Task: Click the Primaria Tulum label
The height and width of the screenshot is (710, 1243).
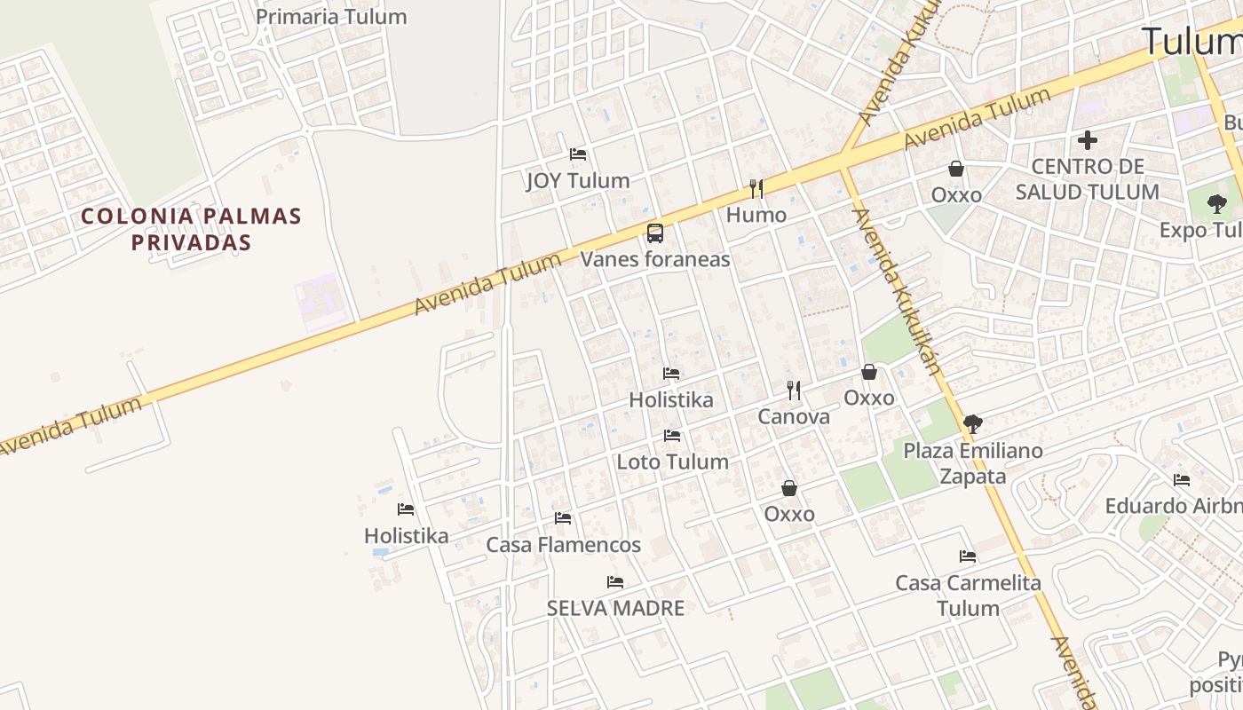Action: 331,17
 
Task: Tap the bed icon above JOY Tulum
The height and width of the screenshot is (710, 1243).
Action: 578,154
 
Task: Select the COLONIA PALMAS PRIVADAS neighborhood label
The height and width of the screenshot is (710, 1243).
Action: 192,229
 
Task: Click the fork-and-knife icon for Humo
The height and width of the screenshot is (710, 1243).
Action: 756,188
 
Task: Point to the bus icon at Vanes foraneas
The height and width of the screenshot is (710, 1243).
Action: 655,233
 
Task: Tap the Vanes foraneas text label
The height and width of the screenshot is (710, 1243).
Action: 655,259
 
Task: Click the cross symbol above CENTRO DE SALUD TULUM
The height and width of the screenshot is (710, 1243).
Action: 1088,140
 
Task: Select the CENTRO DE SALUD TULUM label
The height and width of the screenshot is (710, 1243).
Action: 1088,179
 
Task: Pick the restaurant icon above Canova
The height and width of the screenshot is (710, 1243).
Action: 794,390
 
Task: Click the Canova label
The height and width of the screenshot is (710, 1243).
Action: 794,416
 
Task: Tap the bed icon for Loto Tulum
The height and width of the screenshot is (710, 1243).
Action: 672,436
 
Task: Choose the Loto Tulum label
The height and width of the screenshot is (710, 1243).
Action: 672,461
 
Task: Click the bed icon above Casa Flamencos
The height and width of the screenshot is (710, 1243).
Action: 563,518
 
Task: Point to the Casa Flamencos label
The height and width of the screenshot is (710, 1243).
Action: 563,544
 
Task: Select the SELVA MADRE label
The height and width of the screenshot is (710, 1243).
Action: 615,608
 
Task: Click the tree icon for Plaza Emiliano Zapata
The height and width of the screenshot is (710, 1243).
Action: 973,424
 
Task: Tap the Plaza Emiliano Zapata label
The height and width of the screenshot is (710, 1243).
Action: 973,463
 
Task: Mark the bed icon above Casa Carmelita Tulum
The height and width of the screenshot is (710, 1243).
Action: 968,556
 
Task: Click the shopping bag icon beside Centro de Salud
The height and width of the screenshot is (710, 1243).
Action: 956,169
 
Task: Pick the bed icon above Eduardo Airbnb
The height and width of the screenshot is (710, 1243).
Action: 1182,480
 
